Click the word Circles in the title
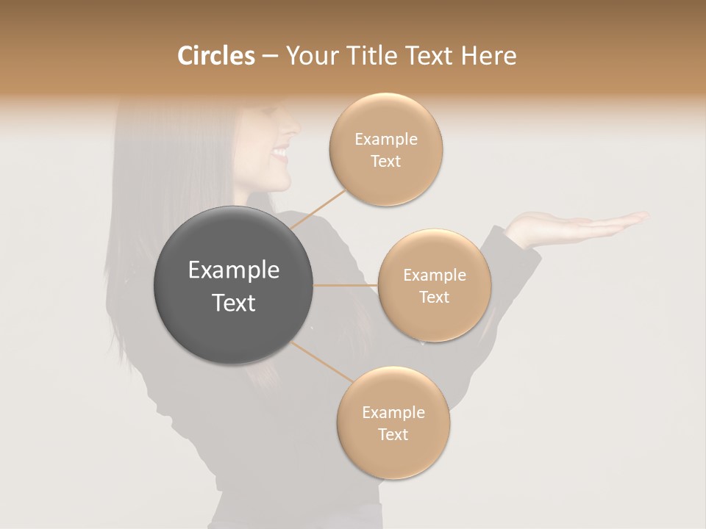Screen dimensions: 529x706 coord(215,56)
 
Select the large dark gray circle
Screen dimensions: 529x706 coord(233,286)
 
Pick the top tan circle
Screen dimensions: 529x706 coord(385,150)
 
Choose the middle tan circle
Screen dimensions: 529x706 coord(434,286)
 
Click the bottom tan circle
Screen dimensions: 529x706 coord(393,423)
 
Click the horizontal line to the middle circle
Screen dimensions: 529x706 coord(345,285)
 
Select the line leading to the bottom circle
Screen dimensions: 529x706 coord(322,361)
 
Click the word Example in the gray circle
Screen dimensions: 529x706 coord(233,270)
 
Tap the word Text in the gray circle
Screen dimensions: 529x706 coord(233,303)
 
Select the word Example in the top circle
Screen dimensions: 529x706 coord(385,140)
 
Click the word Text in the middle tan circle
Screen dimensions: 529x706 coord(434,297)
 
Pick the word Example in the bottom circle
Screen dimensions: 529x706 coord(393,413)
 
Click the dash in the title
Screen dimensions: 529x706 coord(270,56)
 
